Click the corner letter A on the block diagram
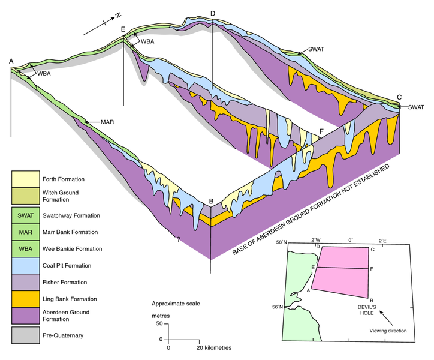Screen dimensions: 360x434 11,61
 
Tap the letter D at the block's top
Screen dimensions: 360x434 213,14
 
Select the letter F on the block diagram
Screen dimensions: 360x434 322,130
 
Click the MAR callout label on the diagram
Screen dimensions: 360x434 107,122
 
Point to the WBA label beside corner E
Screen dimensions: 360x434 147,41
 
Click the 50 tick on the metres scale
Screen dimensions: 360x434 159,324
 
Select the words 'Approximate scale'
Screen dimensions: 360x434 176,303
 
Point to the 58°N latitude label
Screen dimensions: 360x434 282,242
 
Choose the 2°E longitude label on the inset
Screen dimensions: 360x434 382,241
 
